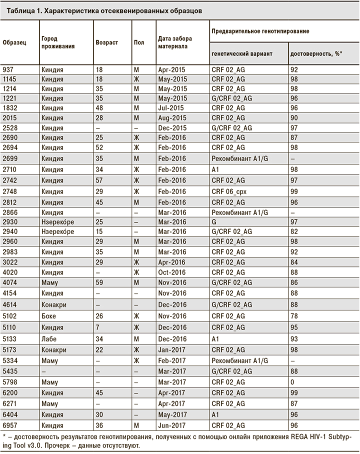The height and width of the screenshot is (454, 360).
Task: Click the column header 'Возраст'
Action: pyautogui.click(x=106, y=42)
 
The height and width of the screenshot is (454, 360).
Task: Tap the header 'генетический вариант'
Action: pyautogui.click(x=242, y=53)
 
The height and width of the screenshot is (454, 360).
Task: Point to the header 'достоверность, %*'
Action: pyautogui.click(x=313, y=53)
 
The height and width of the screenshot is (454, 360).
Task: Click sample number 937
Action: pyautogui.click(x=8, y=69)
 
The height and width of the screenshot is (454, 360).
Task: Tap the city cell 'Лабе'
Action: pyautogui.click(x=50, y=338)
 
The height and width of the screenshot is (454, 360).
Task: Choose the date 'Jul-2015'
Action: pyautogui.click(x=170, y=107)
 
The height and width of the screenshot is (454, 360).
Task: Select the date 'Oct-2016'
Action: pyautogui.click(x=171, y=272)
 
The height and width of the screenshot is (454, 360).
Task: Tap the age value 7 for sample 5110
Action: pyautogui.click(x=97, y=327)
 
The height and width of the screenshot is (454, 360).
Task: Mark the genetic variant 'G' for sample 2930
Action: pyautogui.click(x=214, y=221)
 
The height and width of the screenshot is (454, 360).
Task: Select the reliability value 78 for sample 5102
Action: pyautogui.click(x=294, y=316)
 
